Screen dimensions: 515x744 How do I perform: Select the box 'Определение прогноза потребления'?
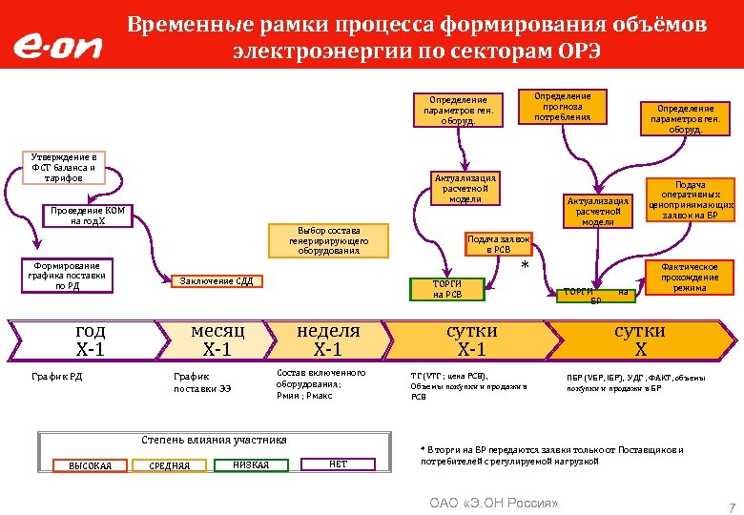pos(562,107)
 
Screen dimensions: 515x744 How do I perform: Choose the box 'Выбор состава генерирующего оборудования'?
pos(328,240)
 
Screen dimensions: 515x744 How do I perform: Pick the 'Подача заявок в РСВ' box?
pos(498,243)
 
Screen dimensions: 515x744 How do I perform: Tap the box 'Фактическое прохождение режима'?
pos(689,278)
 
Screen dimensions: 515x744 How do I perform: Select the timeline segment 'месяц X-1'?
pos(217,340)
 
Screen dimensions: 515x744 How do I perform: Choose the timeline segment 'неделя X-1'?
pos(328,340)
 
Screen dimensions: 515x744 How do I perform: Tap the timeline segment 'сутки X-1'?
pos(472,340)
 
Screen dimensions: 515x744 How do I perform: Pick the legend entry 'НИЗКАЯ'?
pos(251,464)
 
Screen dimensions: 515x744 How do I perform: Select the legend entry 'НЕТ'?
pos(338,464)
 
